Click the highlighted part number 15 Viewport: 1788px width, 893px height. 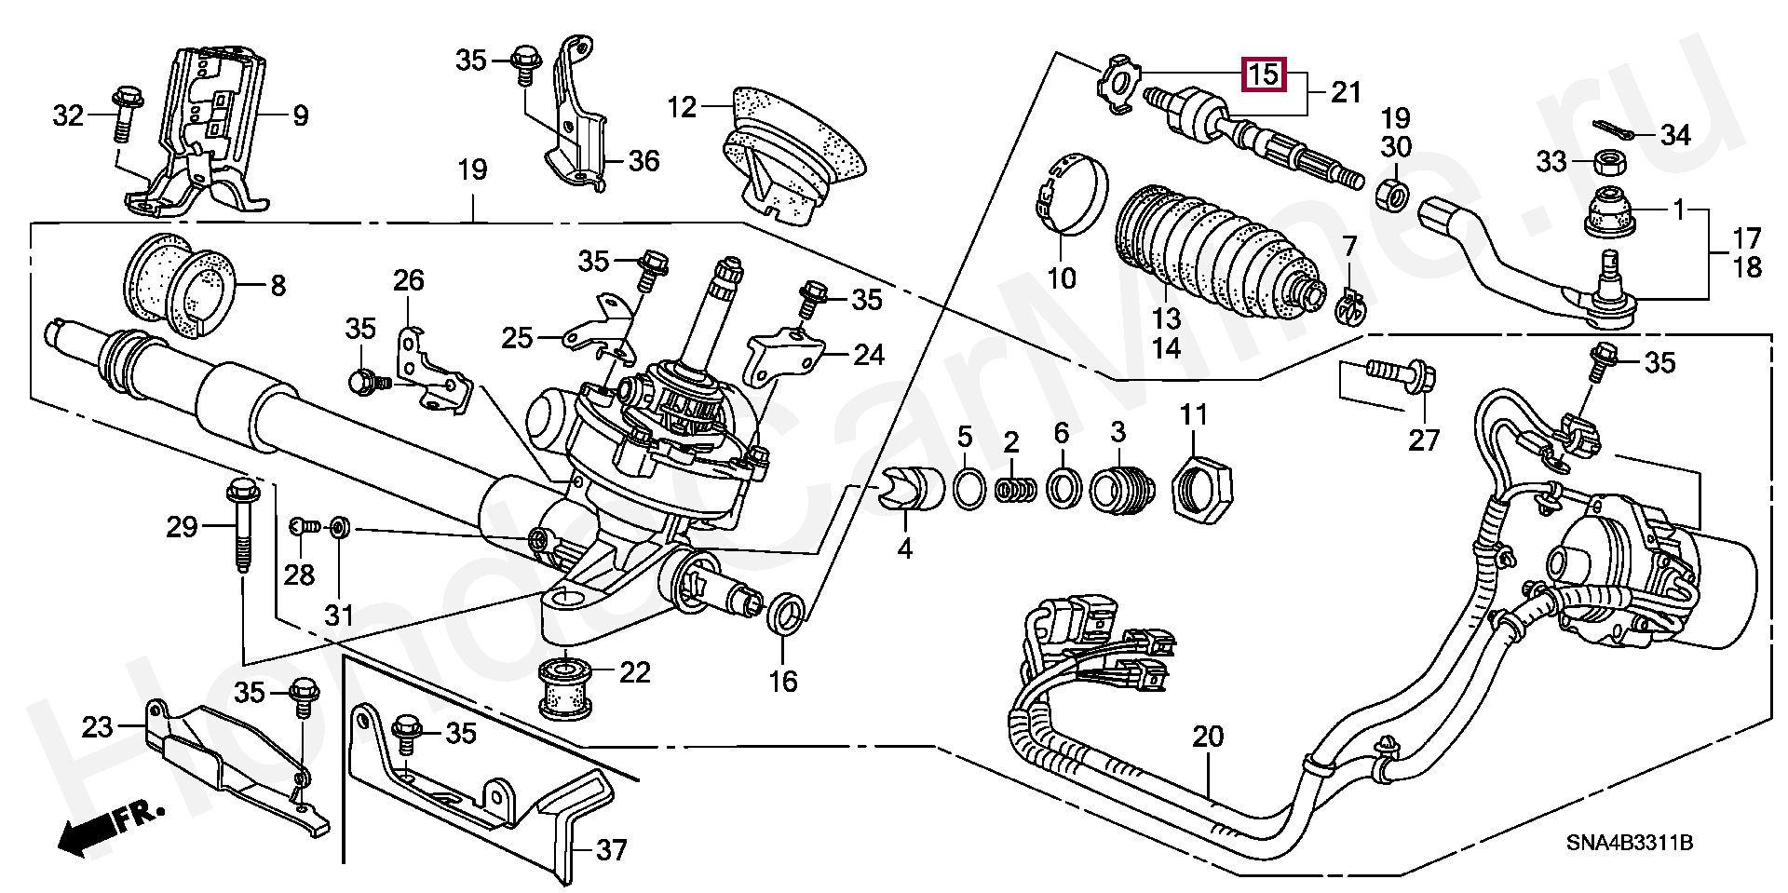(x=1265, y=74)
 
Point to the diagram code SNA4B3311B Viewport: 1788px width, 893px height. (x=1629, y=844)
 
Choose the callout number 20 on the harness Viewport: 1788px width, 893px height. (x=1208, y=737)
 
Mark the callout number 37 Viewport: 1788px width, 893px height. (x=611, y=850)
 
